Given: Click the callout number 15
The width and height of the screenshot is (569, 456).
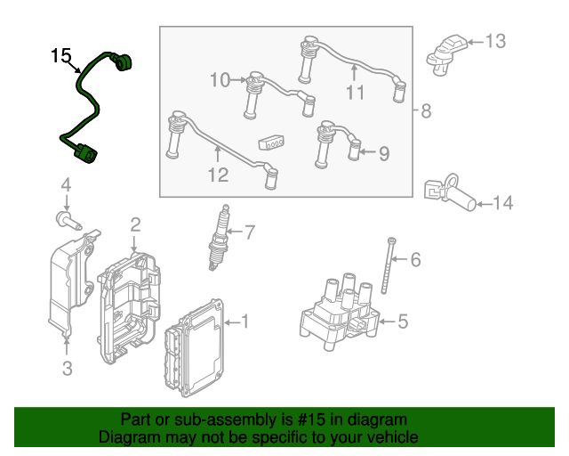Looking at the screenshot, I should click(x=60, y=57).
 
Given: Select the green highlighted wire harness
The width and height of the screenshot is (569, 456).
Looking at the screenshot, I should click(x=85, y=98).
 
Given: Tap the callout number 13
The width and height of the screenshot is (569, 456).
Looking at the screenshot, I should click(x=494, y=40).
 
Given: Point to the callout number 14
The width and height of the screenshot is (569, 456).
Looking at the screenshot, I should click(x=502, y=204).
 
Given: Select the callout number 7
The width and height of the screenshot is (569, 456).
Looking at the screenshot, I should click(x=249, y=233).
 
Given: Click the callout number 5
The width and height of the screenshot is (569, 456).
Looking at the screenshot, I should click(x=402, y=321).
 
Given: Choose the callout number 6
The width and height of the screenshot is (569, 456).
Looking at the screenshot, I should click(x=415, y=260).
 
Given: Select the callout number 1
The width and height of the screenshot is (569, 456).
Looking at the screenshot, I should click(x=245, y=321).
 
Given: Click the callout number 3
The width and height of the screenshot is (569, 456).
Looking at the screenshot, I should click(x=67, y=368).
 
